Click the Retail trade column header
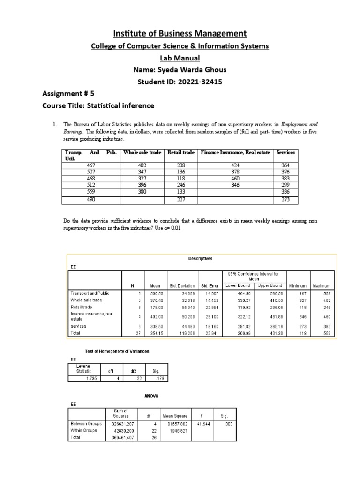181,153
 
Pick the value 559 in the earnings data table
91,192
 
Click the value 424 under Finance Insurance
235,165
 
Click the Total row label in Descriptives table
76,333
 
